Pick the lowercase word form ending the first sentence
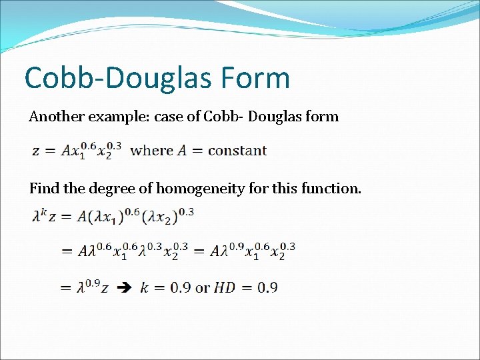(322, 117)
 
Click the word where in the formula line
(152, 151)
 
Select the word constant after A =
(237, 151)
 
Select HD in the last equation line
(224, 288)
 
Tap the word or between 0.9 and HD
(202, 288)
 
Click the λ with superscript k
(38, 215)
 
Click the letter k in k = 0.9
(144, 288)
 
